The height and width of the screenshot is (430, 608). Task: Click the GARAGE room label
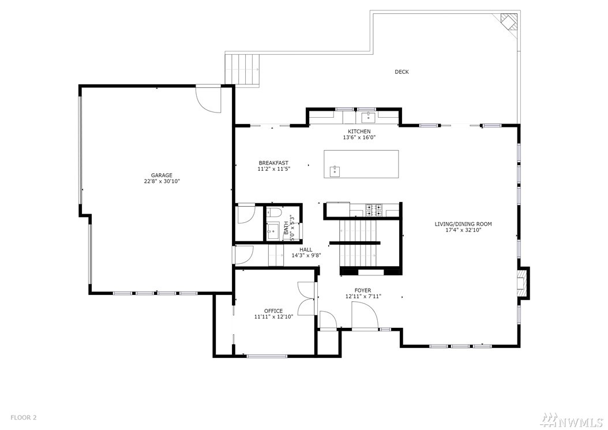(162, 175)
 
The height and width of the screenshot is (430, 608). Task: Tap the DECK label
(401, 72)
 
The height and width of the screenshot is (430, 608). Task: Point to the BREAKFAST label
(274, 163)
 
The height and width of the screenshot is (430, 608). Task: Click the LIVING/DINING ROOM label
(463, 224)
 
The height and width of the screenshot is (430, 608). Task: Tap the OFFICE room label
(273, 311)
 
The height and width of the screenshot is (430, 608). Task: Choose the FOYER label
(363, 290)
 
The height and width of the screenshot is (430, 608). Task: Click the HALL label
(306, 249)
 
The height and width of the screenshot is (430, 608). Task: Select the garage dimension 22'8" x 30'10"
(162, 181)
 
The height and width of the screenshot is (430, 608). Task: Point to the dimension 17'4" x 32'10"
(463, 230)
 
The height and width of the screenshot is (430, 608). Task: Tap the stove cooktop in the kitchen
(374, 210)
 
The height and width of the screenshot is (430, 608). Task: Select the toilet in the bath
(274, 212)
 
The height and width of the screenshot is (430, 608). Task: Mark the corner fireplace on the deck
(509, 22)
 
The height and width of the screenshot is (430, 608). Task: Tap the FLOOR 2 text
(23, 417)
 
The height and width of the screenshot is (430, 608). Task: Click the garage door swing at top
(208, 99)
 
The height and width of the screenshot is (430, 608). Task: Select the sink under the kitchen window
(366, 117)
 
